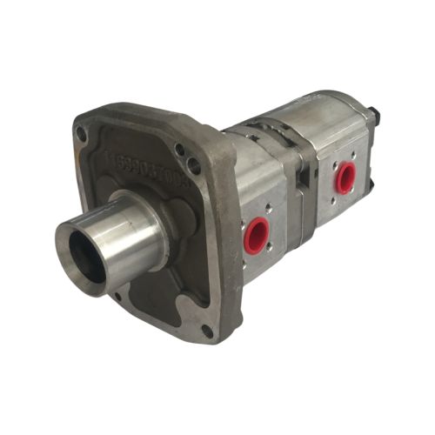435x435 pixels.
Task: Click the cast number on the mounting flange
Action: [144, 162]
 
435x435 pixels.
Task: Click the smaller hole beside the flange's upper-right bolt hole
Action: [180, 150]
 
